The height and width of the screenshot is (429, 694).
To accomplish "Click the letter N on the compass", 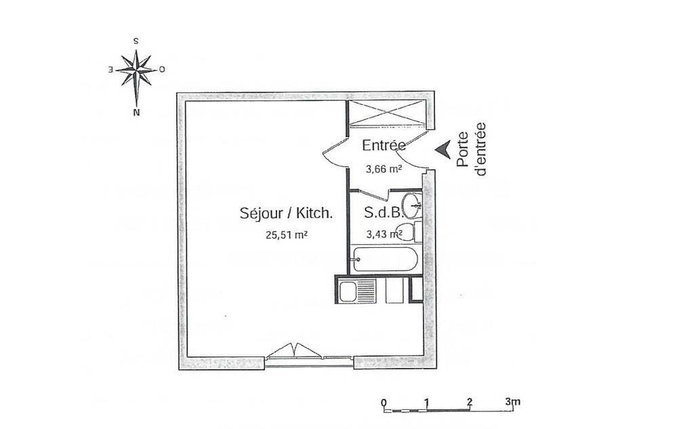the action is click(x=136, y=112).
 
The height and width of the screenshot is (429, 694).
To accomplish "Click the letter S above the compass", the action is click(x=136, y=41).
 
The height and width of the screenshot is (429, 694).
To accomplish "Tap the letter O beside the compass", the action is click(x=162, y=69).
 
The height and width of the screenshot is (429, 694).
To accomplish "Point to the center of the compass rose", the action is click(x=137, y=70).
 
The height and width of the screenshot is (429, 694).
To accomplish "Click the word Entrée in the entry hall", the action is click(x=384, y=145).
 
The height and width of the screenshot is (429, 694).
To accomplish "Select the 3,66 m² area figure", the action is click(x=384, y=169).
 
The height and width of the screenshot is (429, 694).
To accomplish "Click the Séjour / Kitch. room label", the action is click(x=286, y=213).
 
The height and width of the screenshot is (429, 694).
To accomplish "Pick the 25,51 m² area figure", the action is click(x=287, y=235).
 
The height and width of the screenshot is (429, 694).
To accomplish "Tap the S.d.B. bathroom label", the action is click(x=384, y=212).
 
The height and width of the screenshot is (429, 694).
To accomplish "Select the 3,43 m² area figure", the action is click(x=384, y=234).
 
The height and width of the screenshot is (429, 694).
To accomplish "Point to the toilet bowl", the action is click(x=404, y=231).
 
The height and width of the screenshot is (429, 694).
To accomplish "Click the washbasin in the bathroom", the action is click(x=413, y=206).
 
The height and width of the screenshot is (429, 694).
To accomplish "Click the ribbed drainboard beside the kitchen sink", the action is click(x=367, y=291).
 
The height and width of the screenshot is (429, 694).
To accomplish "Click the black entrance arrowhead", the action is click(x=443, y=149).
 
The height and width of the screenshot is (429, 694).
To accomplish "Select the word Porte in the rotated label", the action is click(x=464, y=149).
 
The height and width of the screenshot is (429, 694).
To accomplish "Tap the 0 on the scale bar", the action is click(x=384, y=403).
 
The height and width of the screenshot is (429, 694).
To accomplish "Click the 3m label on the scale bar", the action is click(x=513, y=402).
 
